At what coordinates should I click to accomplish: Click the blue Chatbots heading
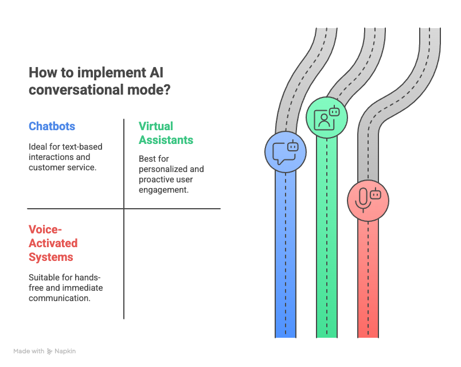click(x=52, y=126)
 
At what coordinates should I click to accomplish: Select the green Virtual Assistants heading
click(x=166, y=133)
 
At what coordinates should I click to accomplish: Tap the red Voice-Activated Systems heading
click(x=53, y=243)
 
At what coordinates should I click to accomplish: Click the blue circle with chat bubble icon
click(x=286, y=151)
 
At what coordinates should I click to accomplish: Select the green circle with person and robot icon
click(x=327, y=117)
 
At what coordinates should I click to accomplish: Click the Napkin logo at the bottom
click(x=61, y=351)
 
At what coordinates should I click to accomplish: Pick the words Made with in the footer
click(x=29, y=351)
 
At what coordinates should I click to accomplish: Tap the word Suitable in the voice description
click(x=42, y=277)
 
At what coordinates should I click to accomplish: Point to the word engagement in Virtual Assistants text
click(x=163, y=190)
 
